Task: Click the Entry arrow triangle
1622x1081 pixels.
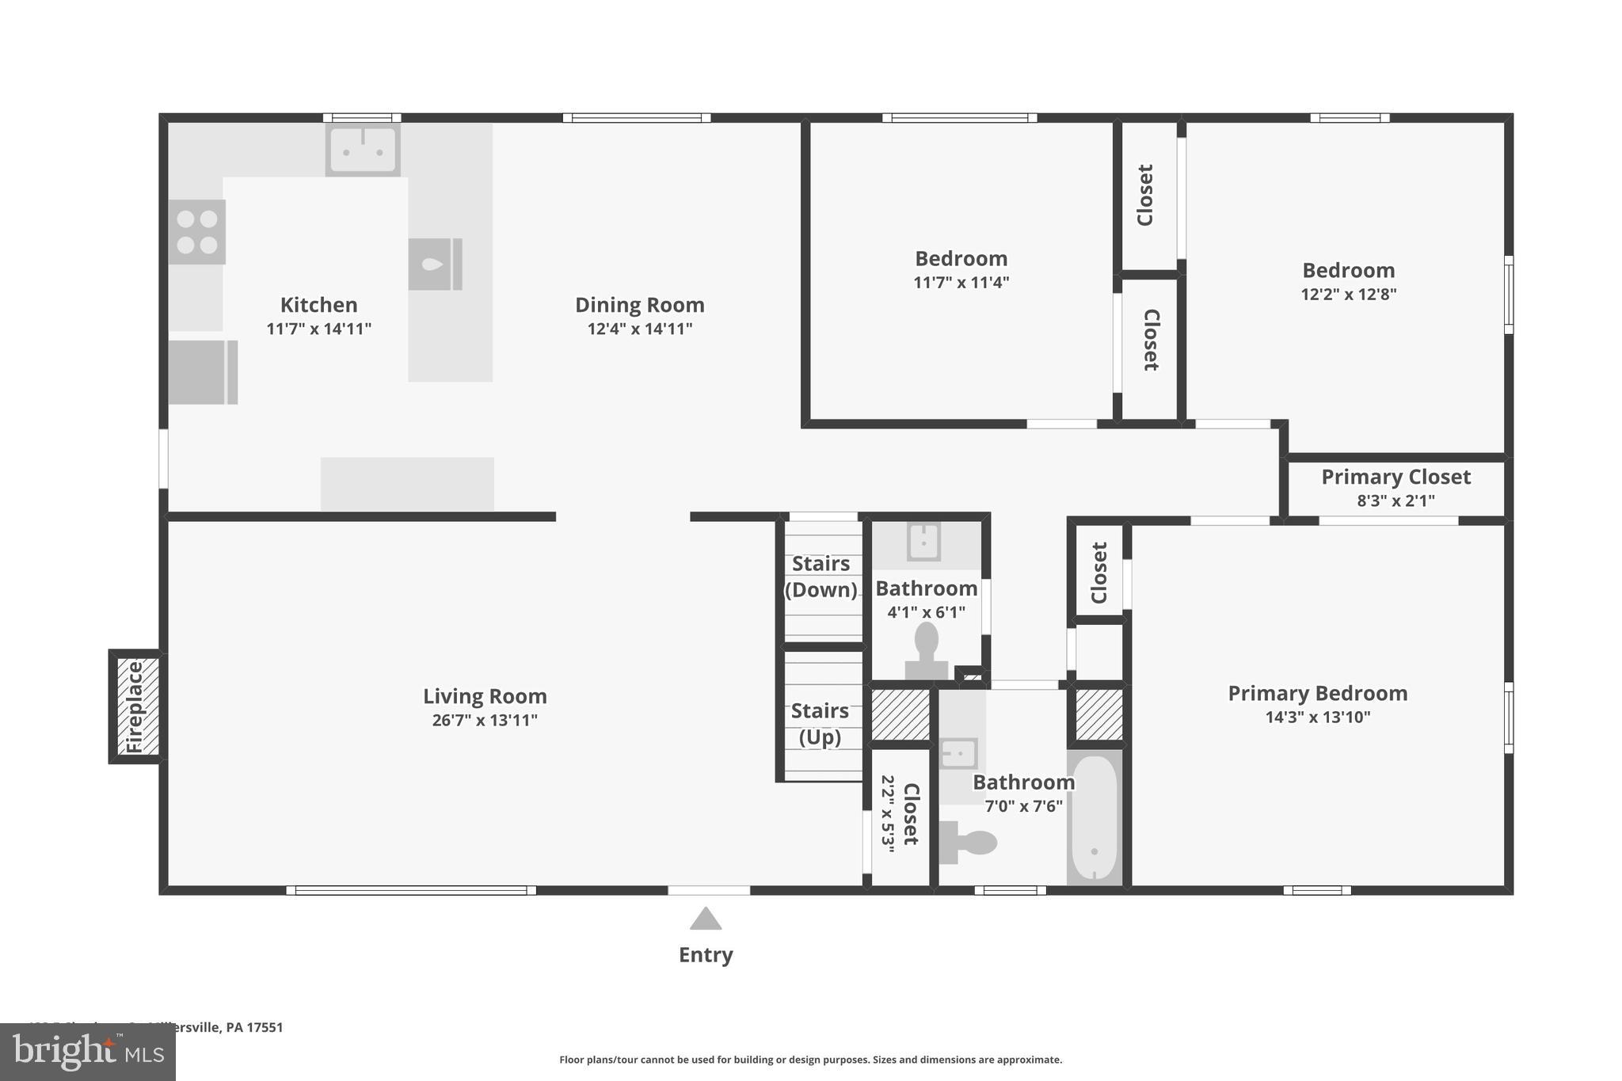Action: (x=705, y=919)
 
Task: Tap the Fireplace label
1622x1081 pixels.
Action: (x=135, y=706)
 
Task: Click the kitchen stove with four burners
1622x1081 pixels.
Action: (x=197, y=231)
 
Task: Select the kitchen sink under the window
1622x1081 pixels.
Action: (x=363, y=150)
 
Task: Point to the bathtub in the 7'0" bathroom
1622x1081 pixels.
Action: (x=1095, y=817)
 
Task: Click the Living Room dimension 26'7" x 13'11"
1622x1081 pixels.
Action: (x=485, y=720)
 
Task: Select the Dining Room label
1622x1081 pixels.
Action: (x=639, y=305)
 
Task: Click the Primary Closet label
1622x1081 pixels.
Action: (x=1395, y=477)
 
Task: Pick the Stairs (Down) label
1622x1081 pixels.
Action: (x=821, y=577)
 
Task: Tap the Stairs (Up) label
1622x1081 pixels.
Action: (x=820, y=724)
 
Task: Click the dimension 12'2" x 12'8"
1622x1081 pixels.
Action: (x=1348, y=295)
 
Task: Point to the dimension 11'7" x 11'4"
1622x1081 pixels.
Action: (x=961, y=283)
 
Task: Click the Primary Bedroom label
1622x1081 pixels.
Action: (x=1317, y=693)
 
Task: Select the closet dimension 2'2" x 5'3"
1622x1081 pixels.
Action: (x=888, y=813)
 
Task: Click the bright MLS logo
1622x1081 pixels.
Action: (x=87, y=1052)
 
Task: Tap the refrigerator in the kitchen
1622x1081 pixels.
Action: (x=203, y=372)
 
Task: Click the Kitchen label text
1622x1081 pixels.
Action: (x=318, y=305)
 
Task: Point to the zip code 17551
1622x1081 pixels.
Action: (x=265, y=1027)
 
